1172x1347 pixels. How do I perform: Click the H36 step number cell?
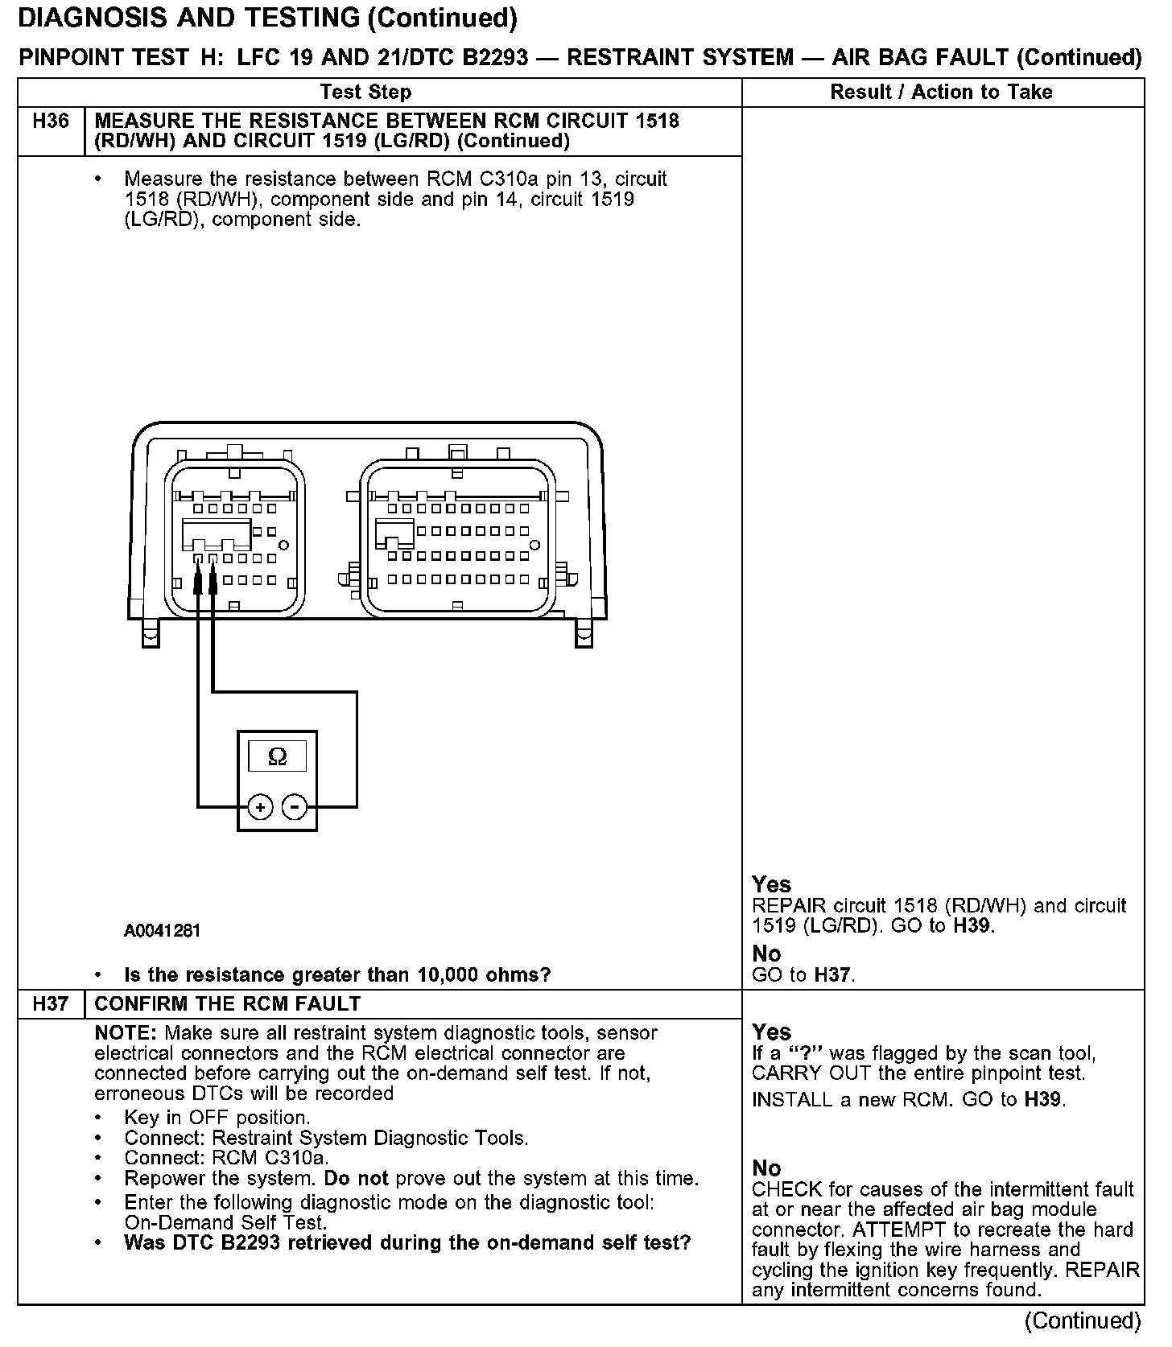tap(51, 122)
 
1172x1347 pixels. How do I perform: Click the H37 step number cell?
tap(51, 1003)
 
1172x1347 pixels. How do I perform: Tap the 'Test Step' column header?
tap(365, 92)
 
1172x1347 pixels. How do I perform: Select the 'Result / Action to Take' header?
tap(941, 92)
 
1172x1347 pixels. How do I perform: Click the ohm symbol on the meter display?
tap(277, 756)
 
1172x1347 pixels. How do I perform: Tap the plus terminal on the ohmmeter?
tap(260, 806)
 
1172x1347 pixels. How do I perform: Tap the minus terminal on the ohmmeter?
tap(295, 806)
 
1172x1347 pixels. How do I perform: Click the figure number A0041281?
tap(162, 931)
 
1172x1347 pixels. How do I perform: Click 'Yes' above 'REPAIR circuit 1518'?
tap(771, 884)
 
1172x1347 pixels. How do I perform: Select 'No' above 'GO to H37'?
tap(766, 954)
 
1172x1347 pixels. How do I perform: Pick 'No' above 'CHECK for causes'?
tap(766, 1168)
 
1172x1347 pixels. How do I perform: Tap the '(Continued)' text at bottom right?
tap(1083, 1320)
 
